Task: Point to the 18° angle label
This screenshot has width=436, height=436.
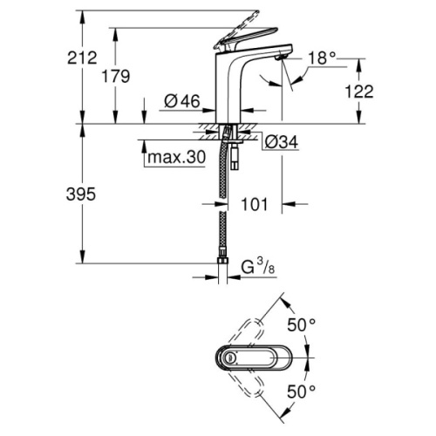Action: tap(321, 59)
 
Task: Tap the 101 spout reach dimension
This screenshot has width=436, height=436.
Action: tap(254, 207)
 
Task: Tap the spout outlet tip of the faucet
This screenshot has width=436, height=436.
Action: tap(280, 55)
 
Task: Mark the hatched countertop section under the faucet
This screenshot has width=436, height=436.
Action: tap(209, 132)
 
